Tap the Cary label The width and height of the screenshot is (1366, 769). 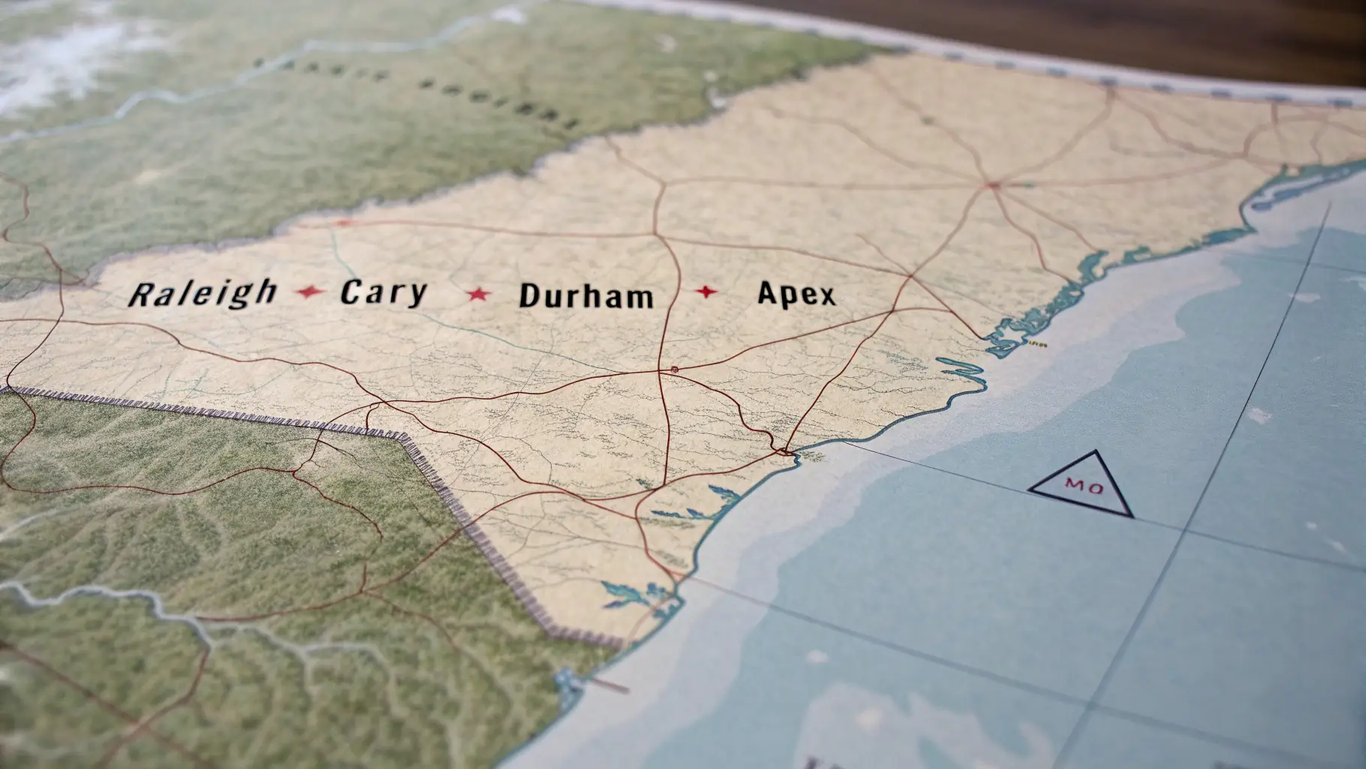(x=384, y=293)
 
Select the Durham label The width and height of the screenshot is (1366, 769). (x=585, y=296)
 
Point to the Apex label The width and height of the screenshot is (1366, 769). (x=796, y=294)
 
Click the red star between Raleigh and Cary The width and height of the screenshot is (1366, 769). (x=309, y=291)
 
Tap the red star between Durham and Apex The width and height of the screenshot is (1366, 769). (x=706, y=291)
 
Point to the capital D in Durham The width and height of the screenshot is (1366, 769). (x=529, y=296)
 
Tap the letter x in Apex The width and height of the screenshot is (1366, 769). (x=825, y=295)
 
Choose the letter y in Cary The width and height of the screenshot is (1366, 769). (x=414, y=294)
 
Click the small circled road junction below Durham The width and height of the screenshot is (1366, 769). (x=674, y=369)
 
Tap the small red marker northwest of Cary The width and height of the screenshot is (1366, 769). (x=344, y=222)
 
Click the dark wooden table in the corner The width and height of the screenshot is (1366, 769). (x=1126, y=30)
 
